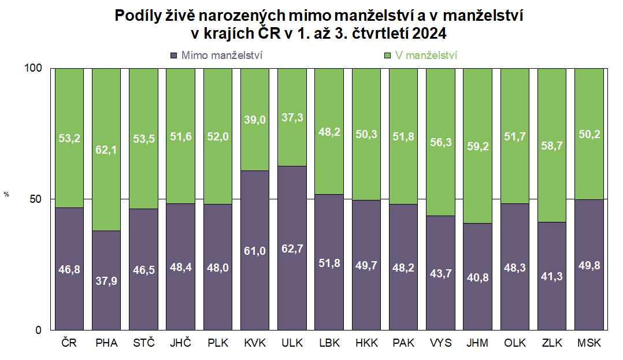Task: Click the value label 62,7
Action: (292, 249)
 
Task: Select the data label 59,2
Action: (477, 146)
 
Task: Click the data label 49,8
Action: (589, 265)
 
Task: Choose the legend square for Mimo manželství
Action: (173, 55)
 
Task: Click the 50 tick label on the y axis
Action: (36, 199)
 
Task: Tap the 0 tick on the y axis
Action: (39, 330)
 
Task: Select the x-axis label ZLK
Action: (551, 343)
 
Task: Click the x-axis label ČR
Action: (69, 343)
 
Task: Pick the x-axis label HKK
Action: (366, 343)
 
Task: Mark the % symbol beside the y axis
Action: (7, 194)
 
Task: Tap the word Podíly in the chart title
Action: (138, 16)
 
